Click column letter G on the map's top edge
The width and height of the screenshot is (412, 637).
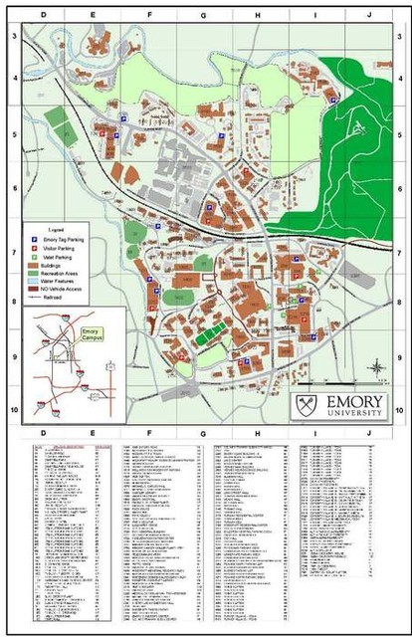[x=202, y=17]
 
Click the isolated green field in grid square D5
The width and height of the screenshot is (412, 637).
[x=58, y=116]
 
